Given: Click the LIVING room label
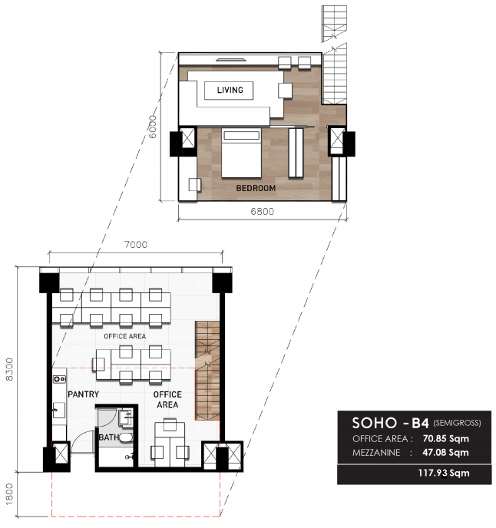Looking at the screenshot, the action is click(230, 90).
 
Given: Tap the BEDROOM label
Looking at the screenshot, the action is click(256, 188).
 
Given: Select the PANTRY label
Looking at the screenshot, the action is click(83, 394).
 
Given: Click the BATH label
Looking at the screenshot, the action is click(108, 437).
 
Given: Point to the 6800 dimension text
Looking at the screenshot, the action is click(262, 212).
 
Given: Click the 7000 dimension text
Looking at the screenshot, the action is click(136, 245).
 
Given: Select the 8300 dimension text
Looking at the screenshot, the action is click(9, 369).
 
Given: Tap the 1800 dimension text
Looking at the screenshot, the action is click(9, 494).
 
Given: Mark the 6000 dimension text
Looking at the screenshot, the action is click(152, 127).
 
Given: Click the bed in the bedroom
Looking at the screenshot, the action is click(241, 153).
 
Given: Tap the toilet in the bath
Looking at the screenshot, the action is click(126, 437).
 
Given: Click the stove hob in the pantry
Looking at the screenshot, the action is click(59, 379).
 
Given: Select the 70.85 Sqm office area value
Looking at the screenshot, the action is click(446, 438).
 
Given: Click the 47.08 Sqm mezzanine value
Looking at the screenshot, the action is click(446, 452).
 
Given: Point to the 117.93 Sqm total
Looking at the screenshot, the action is click(444, 473).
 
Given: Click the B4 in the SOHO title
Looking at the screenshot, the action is click(420, 423).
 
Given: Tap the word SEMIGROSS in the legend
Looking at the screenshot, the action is click(458, 423).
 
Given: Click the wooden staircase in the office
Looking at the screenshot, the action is click(207, 371).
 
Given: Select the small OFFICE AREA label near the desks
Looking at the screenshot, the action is click(124, 336).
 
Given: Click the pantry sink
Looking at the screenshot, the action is click(59, 410).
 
